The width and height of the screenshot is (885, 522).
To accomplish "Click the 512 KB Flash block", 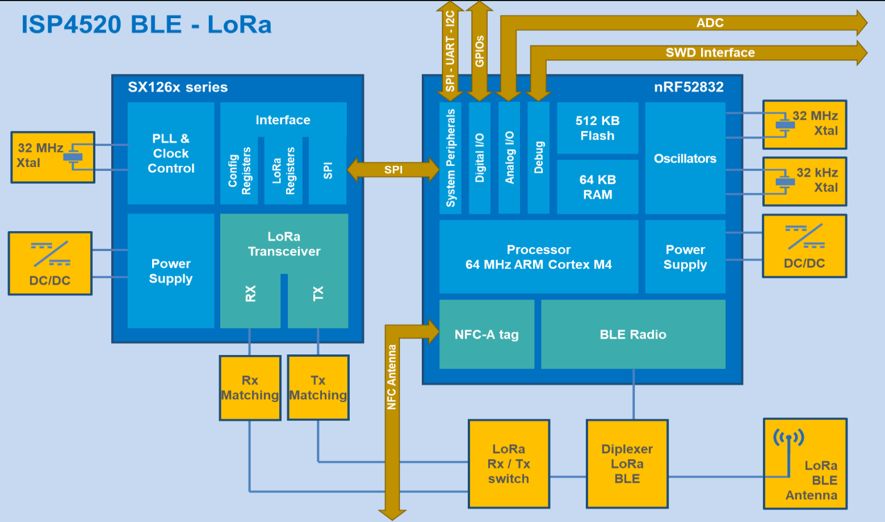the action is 597,128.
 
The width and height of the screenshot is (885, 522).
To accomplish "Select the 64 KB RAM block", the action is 597,187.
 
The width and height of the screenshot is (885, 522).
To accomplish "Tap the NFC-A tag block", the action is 486,334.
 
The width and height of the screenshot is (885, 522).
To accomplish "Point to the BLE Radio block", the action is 633,334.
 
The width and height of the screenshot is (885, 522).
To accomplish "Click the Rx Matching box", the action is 250,387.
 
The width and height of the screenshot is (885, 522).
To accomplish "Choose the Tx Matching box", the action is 318,387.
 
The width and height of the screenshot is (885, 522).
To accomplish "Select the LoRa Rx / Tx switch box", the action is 509,464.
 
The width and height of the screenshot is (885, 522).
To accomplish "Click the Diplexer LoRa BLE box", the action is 627,464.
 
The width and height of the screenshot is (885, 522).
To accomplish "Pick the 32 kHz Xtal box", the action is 804,182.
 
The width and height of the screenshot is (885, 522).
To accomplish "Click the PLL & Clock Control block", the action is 171,153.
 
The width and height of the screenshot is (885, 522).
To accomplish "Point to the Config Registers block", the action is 239,171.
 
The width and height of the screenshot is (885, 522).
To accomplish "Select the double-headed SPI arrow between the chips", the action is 393,170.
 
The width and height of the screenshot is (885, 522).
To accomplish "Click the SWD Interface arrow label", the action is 710,53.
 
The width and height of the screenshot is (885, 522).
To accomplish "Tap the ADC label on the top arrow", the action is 710,23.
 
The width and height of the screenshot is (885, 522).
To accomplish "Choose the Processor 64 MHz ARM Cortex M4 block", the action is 539,257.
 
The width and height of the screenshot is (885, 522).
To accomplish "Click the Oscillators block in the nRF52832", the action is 685,158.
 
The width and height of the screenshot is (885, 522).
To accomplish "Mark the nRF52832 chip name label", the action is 689,87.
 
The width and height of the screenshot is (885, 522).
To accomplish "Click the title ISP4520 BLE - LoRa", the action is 146,24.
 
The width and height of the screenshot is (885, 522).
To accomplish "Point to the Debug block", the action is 539,158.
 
